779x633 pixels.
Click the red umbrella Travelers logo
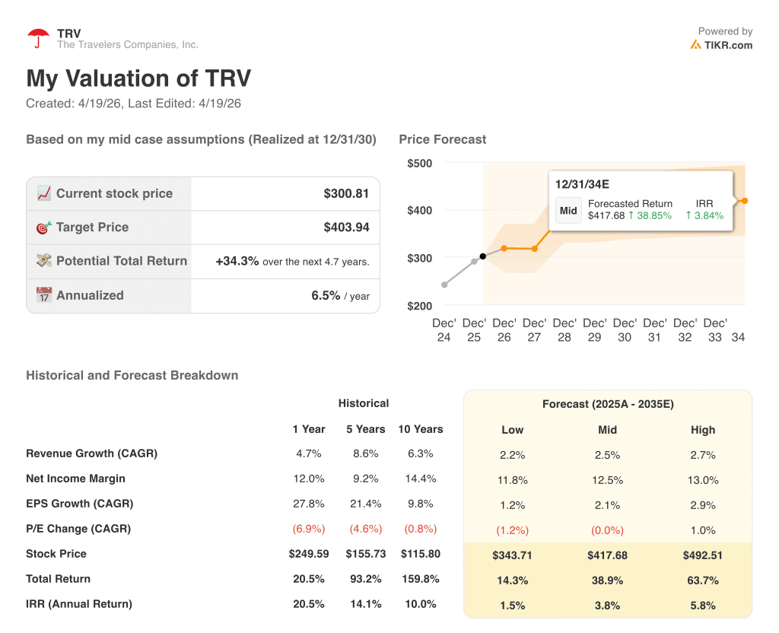point(38,38)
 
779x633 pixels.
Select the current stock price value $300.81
point(346,194)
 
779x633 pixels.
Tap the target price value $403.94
point(346,227)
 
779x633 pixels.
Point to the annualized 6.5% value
point(326,296)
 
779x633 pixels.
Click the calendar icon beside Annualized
point(44,295)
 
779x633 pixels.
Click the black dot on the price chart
point(482,256)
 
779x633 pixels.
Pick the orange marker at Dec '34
point(745,201)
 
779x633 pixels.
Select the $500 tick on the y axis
point(419,163)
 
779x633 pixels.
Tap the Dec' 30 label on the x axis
point(624,330)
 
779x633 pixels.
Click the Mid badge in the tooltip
point(568,211)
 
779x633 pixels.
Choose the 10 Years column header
point(420,429)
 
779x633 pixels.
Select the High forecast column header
point(703,430)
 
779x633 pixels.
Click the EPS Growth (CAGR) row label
point(79,504)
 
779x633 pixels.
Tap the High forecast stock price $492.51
point(703,555)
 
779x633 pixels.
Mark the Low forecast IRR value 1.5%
point(513,606)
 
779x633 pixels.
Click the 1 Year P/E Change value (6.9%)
point(308,529)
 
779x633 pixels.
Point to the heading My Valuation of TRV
point(138,78)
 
